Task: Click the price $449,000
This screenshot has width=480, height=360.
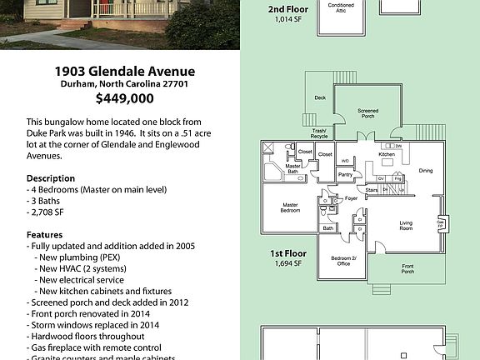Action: click(125, 98)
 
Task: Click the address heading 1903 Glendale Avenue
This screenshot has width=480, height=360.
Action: click(125, 71)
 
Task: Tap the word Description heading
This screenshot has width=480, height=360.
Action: click(50, 178)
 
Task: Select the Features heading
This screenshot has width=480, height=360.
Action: click(45, 235)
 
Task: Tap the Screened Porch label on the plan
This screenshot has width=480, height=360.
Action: click(368, 112)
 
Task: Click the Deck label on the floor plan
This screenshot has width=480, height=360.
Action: click(320, 97)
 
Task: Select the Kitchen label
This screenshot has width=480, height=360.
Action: click(387, 154)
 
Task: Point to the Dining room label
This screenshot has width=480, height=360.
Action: click(426, 171)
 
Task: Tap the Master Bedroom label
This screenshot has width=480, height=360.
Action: click(290, 207)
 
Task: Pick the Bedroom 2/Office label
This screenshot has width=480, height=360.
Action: click(342, 261)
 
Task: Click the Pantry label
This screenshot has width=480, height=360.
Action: click(345, 174)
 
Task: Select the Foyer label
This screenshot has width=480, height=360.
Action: click(352, 198)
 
